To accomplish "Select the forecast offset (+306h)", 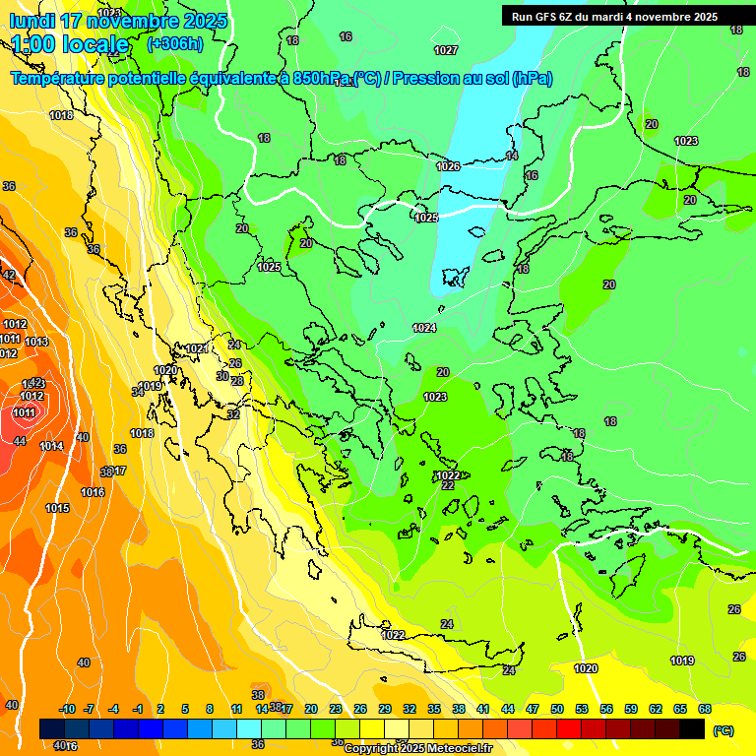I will tap(174, 44).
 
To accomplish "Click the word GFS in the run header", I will tap(547, 17).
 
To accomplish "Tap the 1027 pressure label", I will tap(446, 50).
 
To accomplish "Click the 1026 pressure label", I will tap(448, 166).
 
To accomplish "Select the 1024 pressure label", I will tap(424, 328).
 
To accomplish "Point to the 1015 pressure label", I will tap(57, 508).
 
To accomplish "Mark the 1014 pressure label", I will tap(51, 447).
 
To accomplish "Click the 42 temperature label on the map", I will tap(9, 276).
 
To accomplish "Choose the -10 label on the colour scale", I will tap(67, 709).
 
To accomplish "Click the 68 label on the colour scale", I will tap(705, 709).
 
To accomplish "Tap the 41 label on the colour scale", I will tap(483, 709).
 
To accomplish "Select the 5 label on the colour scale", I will tap(186, 709).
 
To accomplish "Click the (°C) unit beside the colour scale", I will tap(724, 730).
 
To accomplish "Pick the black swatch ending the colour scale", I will tap(692, 728).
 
